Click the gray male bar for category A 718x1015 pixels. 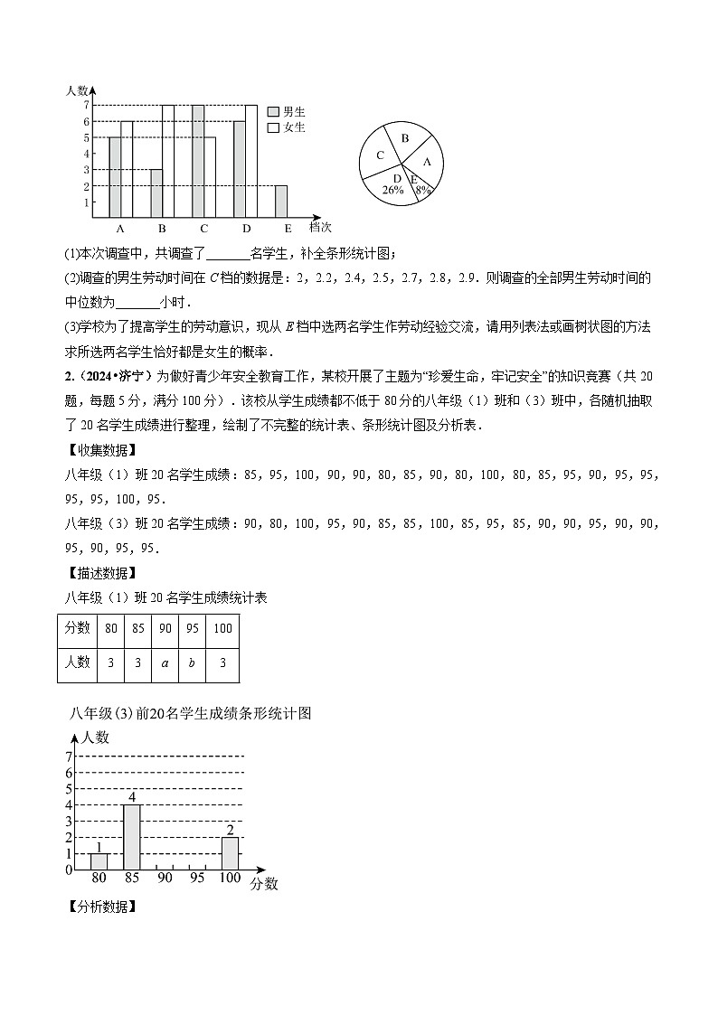tap(115, 177)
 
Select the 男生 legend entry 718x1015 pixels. tap(288, 111)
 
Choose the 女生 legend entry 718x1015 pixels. tap(288, 127)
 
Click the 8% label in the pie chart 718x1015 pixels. tap(421, 191)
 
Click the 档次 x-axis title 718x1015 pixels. tap(320, 227)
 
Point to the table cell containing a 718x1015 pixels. tap(165, 662)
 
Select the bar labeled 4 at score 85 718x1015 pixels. tap(132, 837)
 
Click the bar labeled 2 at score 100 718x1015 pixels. tap(231, 853)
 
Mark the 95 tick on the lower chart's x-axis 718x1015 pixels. tap(198, 878)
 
